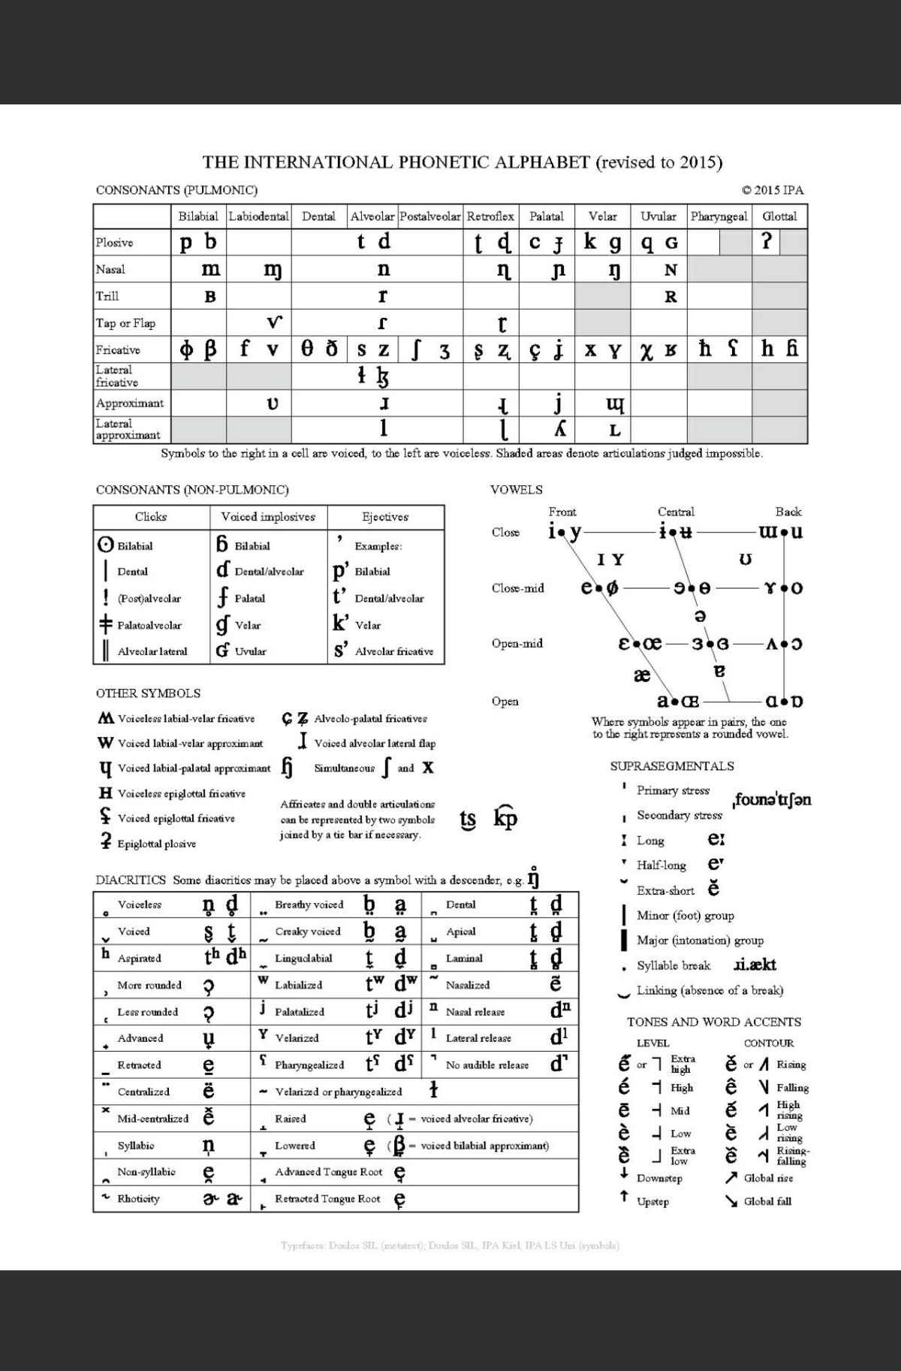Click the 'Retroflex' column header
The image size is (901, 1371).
tap(490, 216)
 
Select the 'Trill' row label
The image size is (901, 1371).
tap(107, 296)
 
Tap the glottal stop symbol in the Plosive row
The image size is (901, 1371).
tap(766, 242)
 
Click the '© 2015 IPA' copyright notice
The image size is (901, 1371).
tap(773, 190)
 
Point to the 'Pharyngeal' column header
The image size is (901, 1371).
tap(719, 216)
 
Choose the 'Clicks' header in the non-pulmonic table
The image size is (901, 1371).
tap(151, 517)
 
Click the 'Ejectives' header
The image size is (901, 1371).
tap(385, 517)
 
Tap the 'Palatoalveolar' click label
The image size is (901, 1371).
tap(149, 625)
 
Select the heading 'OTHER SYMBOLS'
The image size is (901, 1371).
tap(148, 693)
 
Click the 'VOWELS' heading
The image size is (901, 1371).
tap(516, 490)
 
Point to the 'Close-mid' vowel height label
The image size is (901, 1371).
tap(517, 588)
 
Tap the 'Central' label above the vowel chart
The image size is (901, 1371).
tap(676, 512)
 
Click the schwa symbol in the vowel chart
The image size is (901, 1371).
tap(699, 615)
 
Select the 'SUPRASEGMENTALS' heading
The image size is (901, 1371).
tap(672, 766)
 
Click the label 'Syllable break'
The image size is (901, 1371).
tap(673, 965)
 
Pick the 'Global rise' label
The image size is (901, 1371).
tap(768, 1178)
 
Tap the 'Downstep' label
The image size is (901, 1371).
tap(659, 1178)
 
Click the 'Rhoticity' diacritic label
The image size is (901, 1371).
tap(139, 1199)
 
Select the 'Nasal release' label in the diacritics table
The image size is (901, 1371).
tap(475, 1012)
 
